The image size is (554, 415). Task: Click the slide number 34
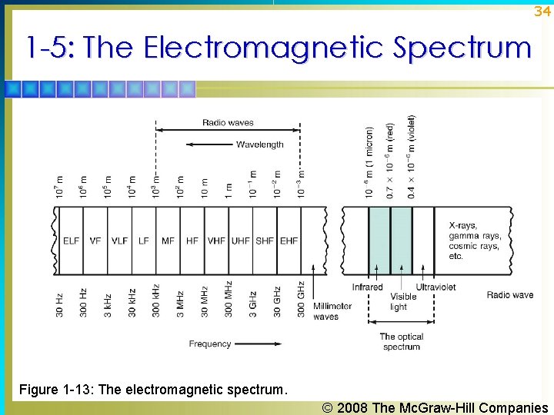(x=542, y=12)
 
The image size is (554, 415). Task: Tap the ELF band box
(x=71, y=241)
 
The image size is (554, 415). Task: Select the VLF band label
(x=119, y=241)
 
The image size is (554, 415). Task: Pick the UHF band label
(x=240, y=241)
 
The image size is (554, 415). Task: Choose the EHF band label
(x=289, y=241)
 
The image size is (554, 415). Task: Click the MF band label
(x=168, y=241)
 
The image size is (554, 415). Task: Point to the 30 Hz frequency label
(x=60, y=303)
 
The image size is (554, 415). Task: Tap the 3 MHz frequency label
(x=180, y=301)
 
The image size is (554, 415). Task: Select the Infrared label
(x=368, y=287)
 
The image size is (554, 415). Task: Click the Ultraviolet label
(x=436, y=287)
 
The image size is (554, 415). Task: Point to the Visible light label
(x=403, y=301)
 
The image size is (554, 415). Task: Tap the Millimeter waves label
(x=332, y=311)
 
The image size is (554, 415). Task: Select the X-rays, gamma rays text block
(x=474, y=241)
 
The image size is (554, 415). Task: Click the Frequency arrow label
(x=210, y=344)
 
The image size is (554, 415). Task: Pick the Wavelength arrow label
(x=259, y=144)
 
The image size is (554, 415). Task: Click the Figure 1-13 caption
(x=153, y=390)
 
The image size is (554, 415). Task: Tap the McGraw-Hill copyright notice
(x=436, y=407)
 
